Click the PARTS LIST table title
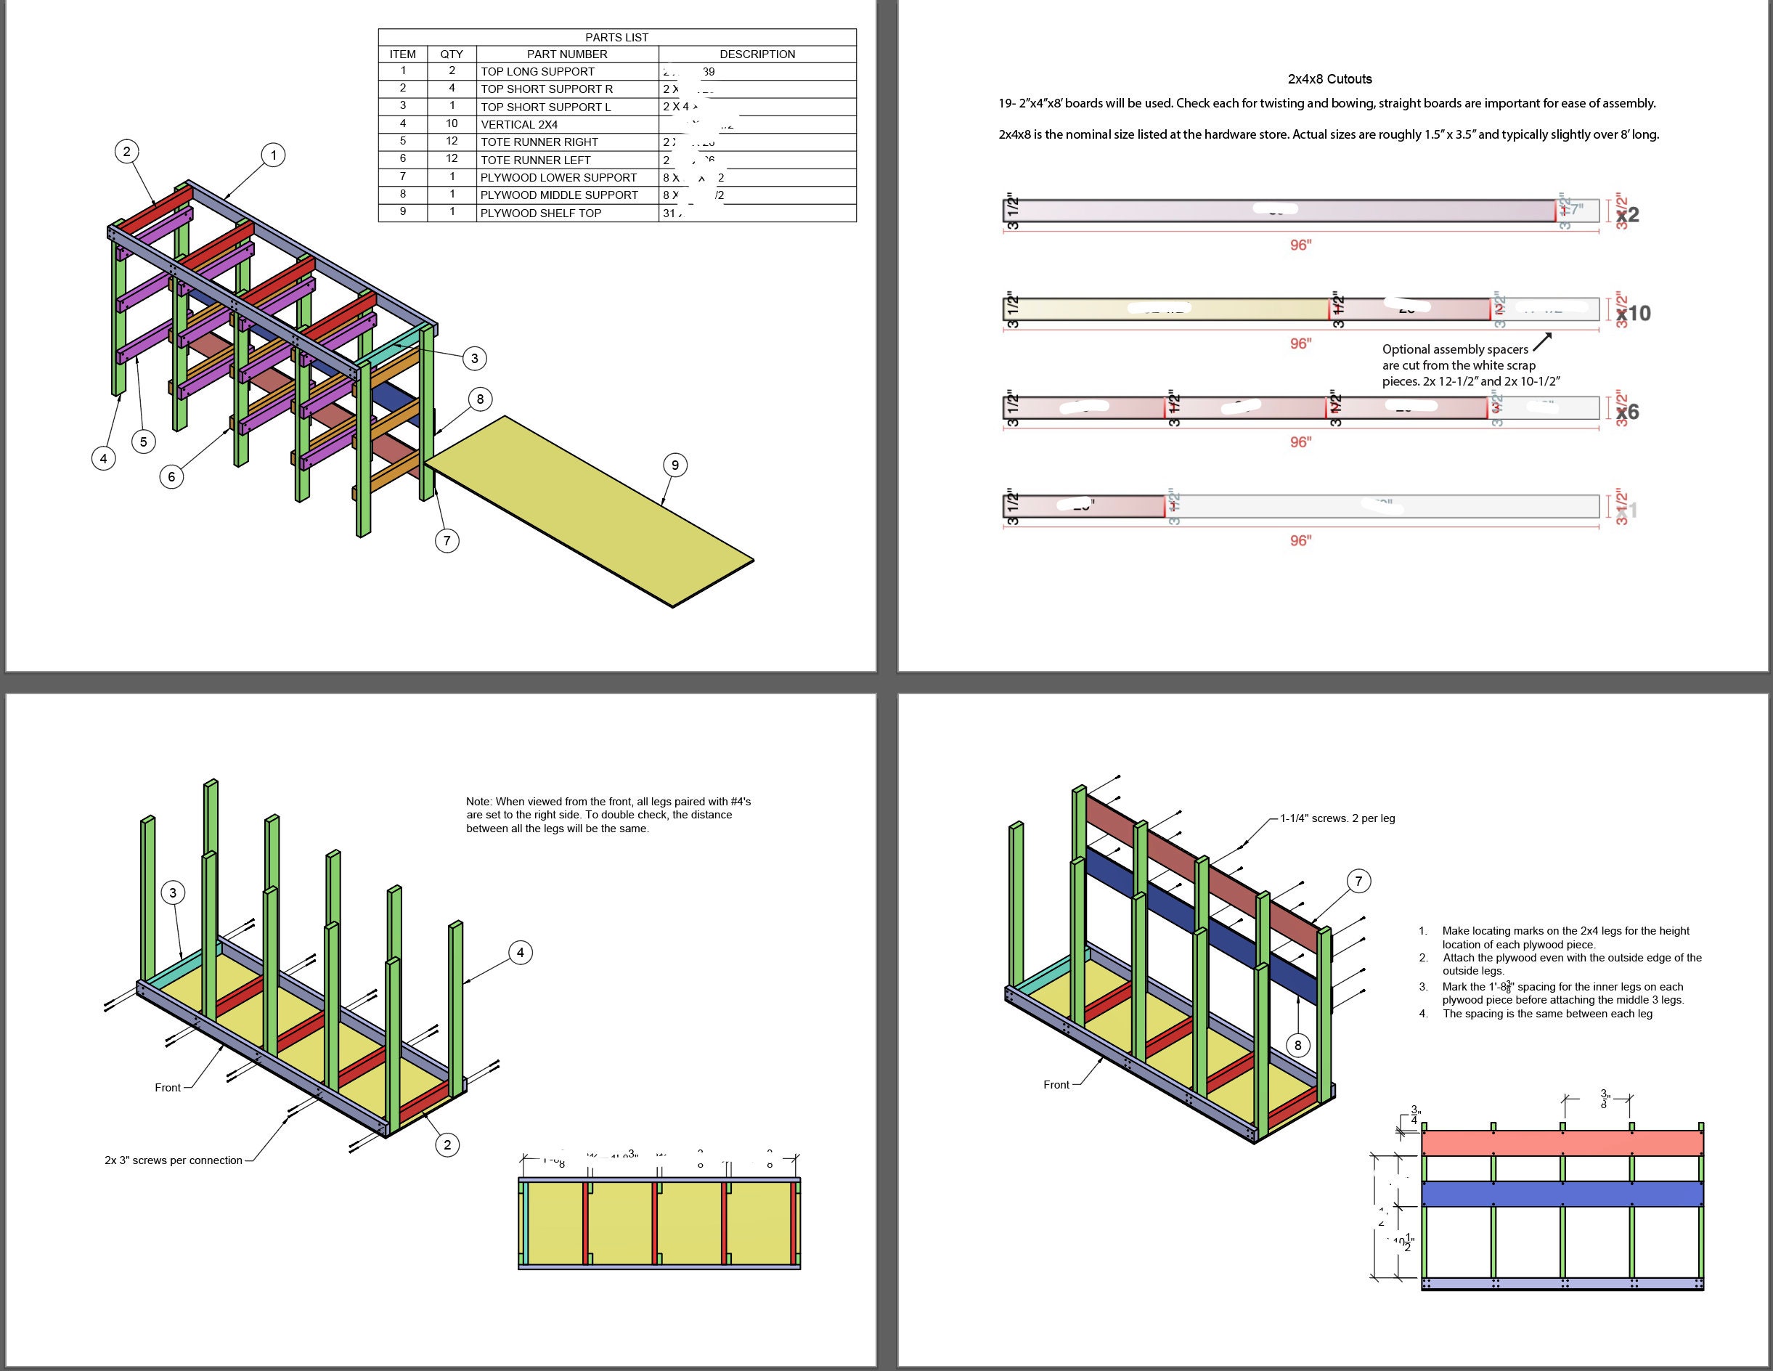tap(616, 37)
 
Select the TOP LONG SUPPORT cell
tap(537, 71)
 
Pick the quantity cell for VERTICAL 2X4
tap(452, 123)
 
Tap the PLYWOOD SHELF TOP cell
tap(541, 213)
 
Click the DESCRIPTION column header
tap(757, 54)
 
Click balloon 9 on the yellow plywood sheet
tap(674, 465)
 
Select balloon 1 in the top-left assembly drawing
tap(274, 155)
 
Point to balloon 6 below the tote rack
tap(171, 476)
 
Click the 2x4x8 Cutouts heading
tap(1330, 78)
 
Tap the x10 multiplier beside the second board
tap(1633, 313)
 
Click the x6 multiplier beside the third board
tap(1627, 412)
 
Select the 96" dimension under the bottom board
tap(1300, 540)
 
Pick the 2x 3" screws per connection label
tap(173, 1160)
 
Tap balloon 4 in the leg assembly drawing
tap(521, 952)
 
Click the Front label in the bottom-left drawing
tap(167, 1088)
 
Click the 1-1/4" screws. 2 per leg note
tap(1337, 818)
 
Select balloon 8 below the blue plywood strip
tap(1297, 1046)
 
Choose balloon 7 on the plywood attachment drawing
tap(1359, 881)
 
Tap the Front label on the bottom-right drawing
tap(1056, 1084)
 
